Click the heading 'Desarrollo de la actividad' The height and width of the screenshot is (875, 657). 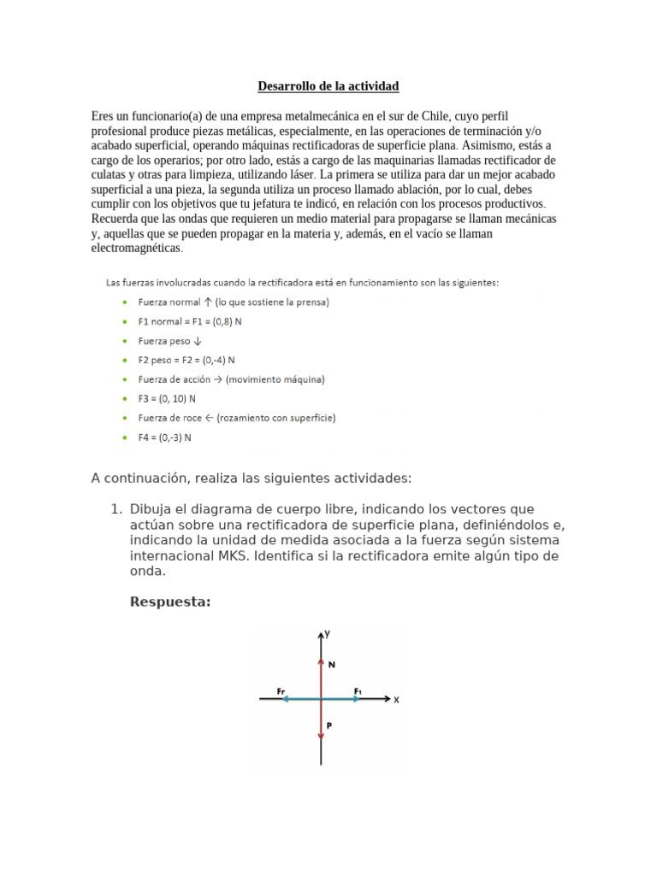(x=328, y=86)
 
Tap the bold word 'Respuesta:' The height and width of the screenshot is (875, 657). (x=169, y=602)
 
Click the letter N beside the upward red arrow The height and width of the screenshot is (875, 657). (x=332, y=663)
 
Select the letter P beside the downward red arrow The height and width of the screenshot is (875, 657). (x=329, y=725)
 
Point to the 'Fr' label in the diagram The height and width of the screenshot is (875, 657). (x=283, y=690)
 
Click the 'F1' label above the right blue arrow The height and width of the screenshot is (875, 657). (x=358, y=690)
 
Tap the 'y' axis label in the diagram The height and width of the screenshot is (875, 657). (x=328, y=634)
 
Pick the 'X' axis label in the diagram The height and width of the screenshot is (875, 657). (x=396, y=700)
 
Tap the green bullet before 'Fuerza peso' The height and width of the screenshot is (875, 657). (x=126, y=341)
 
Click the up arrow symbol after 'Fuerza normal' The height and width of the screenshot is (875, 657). (x=208, y=302)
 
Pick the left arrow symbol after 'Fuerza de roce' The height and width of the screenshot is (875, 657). (x=210, y=418)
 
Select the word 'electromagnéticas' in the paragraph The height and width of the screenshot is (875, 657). (x=136, y=248)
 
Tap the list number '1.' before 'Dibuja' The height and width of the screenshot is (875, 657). (x=116, y=509)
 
